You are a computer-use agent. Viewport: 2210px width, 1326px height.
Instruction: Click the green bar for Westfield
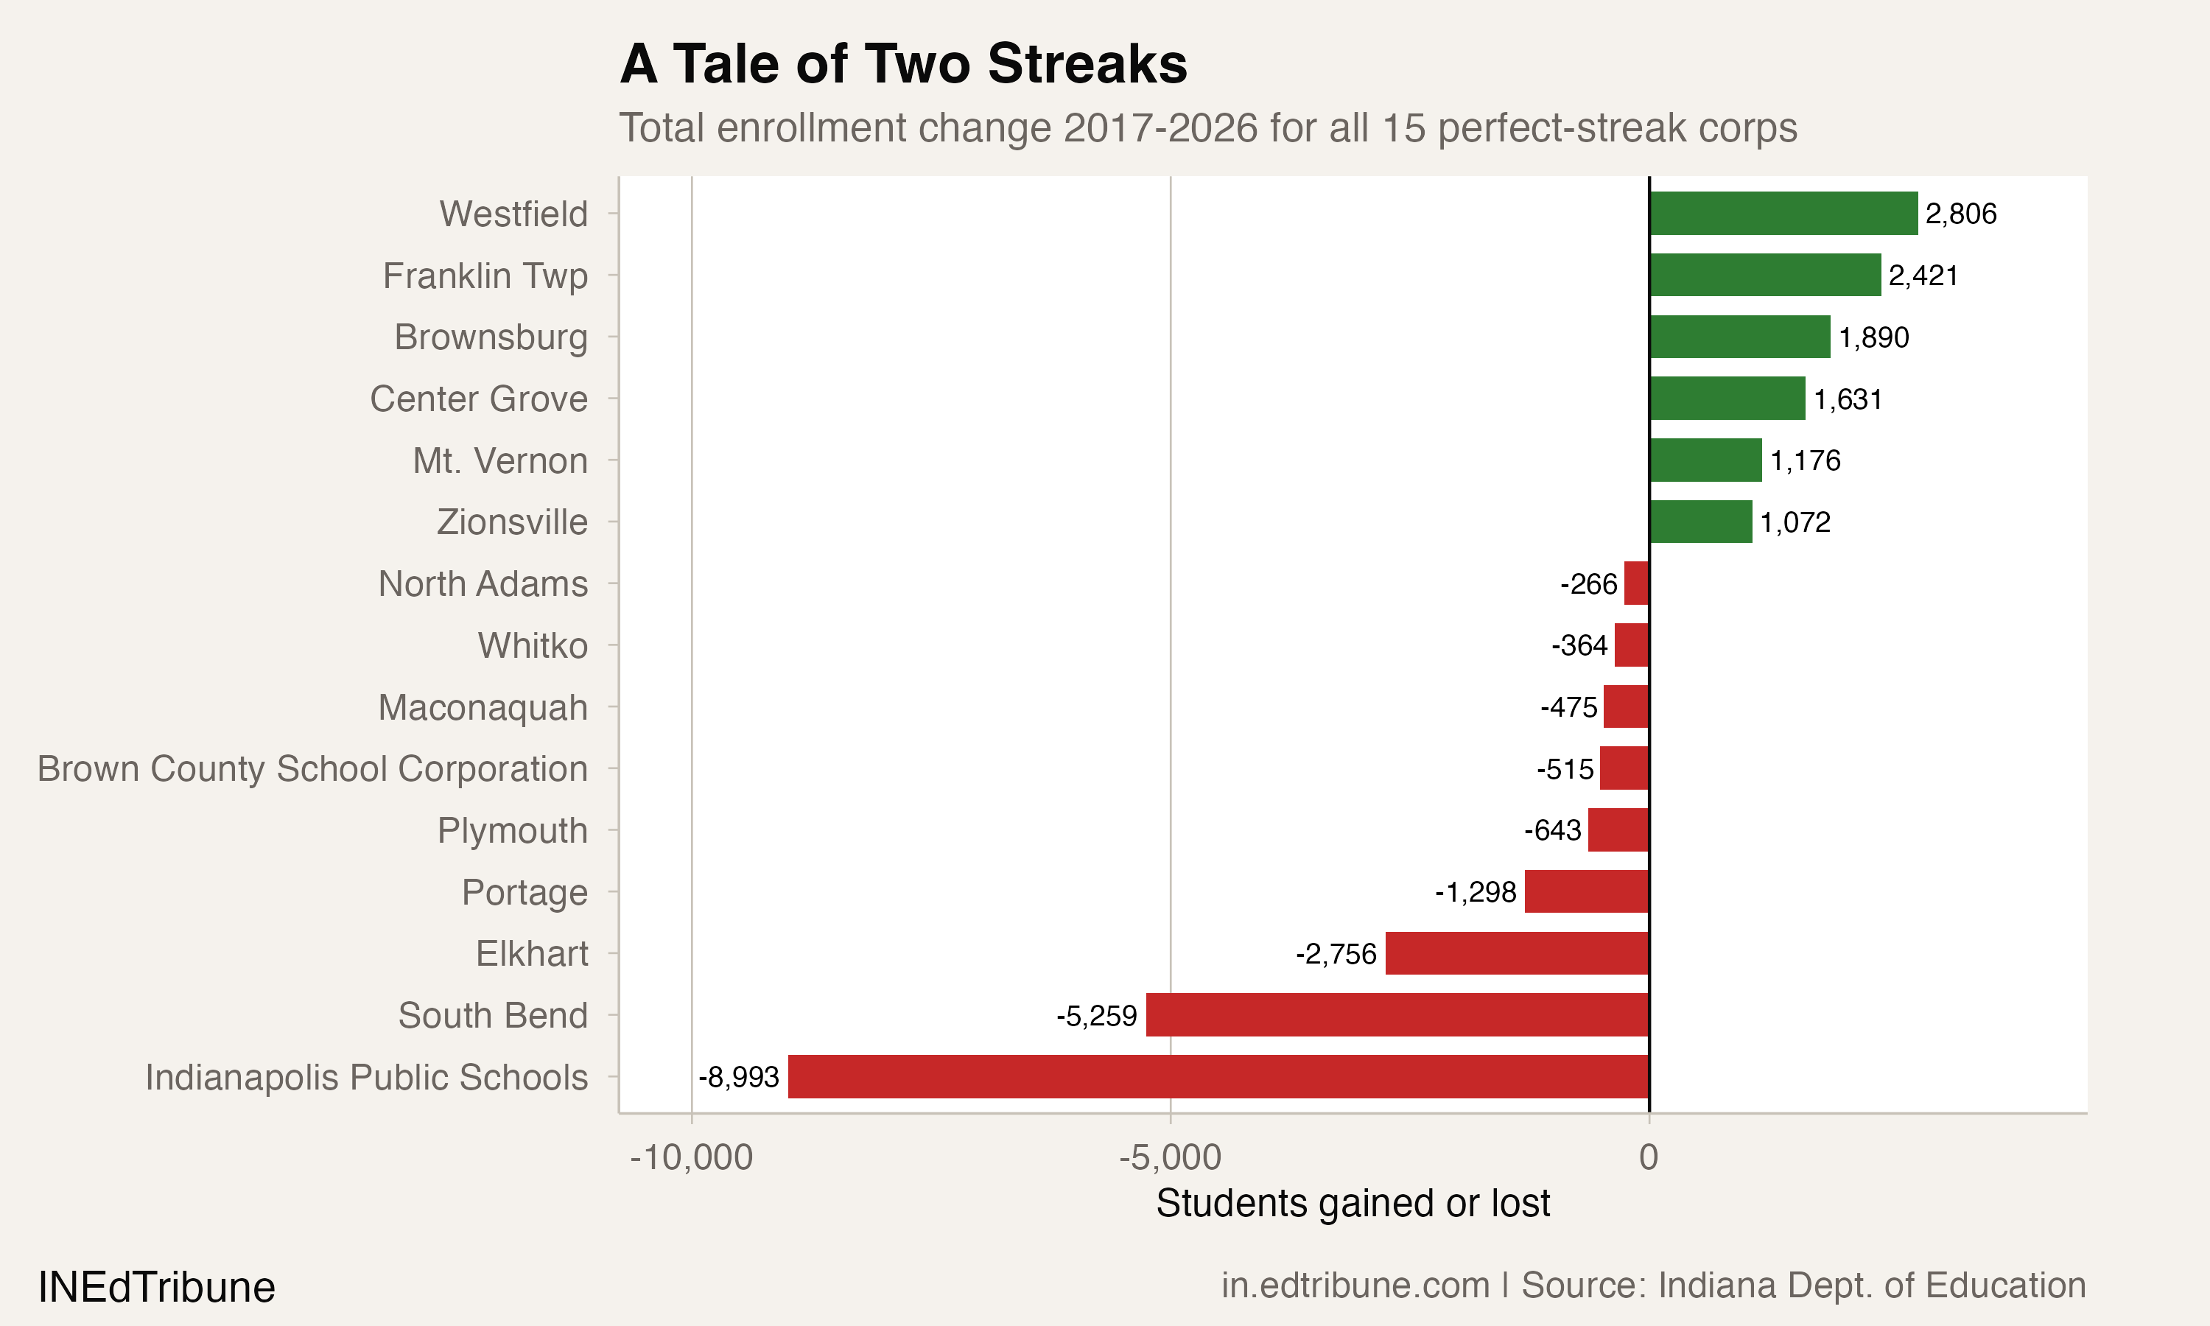(x=1783, y=214)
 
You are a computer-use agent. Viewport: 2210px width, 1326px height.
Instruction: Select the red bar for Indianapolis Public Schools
(x=1218, y=1077)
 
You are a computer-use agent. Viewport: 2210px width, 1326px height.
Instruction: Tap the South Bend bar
(x=1397, y=1015)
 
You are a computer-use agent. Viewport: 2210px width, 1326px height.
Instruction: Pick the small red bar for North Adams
(x=1637, y=583)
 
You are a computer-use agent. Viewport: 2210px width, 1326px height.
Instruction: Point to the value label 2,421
(x=1923, y=276)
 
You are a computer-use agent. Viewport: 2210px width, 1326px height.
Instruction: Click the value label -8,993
(x=739, y=1078)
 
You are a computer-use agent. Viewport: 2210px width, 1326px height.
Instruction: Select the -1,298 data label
(x=1476, y=892)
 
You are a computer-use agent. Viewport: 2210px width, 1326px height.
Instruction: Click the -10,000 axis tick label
(x=692, y=1157)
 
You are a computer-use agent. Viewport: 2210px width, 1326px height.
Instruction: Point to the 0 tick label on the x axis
(x=1648, y=1157)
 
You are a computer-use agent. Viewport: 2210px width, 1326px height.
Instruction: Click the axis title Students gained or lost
(x=1353, y=1204)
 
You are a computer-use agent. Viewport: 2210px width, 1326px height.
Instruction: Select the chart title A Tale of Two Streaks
(x=903, y=64)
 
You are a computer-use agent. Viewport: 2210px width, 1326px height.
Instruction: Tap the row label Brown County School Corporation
(x=312, y=768)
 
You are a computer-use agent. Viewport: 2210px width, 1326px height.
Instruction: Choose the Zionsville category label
(x=512, y=522)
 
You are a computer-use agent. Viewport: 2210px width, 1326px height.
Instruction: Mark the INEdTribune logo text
(x=156, y=1288)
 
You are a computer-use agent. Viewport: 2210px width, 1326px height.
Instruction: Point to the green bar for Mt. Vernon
(x=1705, y=460)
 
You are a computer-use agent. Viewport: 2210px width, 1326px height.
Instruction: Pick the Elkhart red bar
(x=1517, y=953)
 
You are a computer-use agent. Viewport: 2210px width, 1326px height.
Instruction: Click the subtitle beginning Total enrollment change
(x=1207, y=127)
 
